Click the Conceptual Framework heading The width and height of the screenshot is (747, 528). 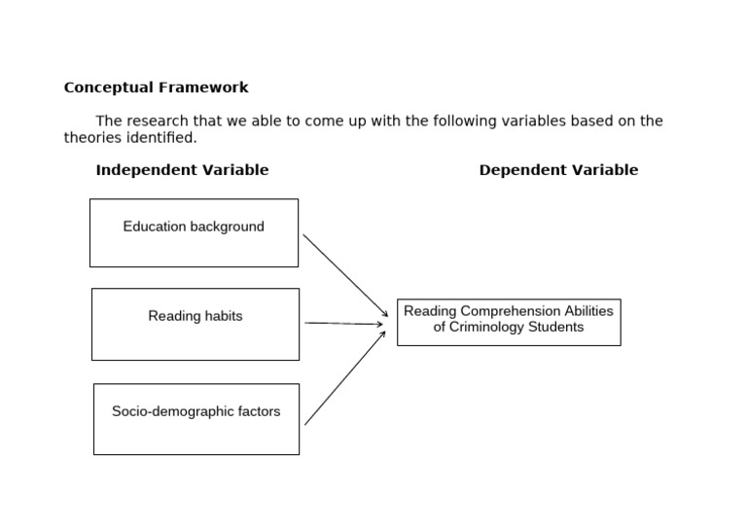tap(156, 88)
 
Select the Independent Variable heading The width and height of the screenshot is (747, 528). tap(182, 170)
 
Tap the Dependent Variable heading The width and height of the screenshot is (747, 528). tap(558, 170)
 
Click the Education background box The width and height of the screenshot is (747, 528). tap(194, 233)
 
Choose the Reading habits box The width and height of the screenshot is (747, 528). tap(195, 324)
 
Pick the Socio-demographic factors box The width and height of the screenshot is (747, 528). tap(196, 419)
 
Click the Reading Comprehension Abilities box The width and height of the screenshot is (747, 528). tap(508, 322)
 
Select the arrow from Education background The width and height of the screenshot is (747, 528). tap(345, 275)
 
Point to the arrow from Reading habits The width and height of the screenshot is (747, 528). tap(343, 324)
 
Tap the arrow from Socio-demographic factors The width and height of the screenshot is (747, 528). tap(345, 377)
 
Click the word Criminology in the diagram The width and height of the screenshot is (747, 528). tap(487, 328)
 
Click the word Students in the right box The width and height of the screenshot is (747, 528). tap(556, 328)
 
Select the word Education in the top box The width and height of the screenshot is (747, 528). tap(154, 227)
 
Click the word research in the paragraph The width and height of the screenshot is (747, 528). tap(158, 122)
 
